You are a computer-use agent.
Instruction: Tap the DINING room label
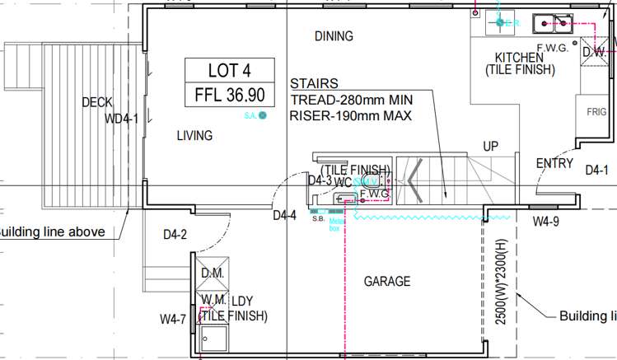point(334,36)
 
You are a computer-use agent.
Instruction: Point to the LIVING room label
point(194,136)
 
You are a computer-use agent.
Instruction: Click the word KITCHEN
point(519,58)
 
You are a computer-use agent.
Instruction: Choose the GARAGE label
point(387,282)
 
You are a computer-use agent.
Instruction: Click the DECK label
point(97,103)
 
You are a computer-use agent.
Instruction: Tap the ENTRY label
point(554,164)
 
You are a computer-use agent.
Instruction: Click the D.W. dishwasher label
point(596,51)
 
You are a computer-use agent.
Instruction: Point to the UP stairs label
point(491,147)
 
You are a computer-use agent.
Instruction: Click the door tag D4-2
point(175,235)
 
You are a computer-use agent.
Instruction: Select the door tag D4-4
point(285,216)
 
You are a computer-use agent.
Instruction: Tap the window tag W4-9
point(545,221)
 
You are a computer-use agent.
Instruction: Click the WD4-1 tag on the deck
point(122,119)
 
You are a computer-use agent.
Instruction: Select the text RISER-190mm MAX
point(350,116)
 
